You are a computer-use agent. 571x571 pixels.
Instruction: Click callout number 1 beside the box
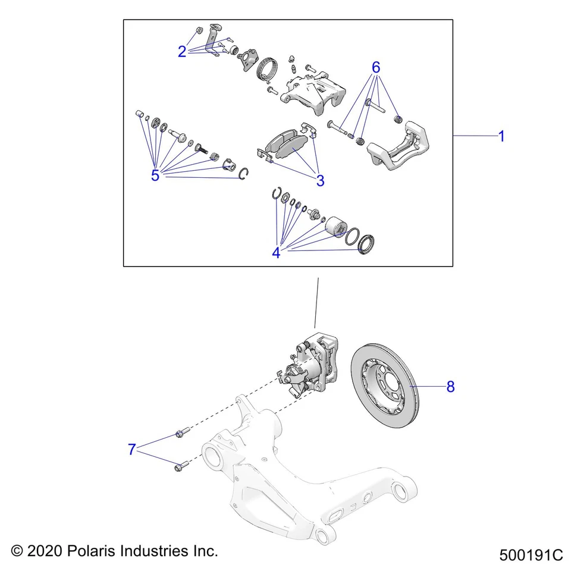click(501, 136)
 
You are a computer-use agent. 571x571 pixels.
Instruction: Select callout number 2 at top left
click(182, 52)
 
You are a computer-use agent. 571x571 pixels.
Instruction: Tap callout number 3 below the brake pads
click(320, 181)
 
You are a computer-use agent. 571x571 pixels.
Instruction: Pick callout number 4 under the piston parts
click(276, 253)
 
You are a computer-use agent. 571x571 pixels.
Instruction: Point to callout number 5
click(155, 175)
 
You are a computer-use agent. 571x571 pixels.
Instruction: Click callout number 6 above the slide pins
click(375, 67)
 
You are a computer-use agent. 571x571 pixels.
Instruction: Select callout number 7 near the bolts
click(132, 450)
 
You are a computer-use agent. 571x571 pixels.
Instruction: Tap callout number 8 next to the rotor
click(450, 387)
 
